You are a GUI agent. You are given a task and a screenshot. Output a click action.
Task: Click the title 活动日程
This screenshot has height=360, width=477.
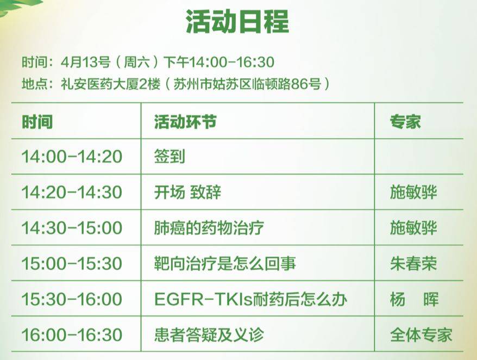pos(237,21)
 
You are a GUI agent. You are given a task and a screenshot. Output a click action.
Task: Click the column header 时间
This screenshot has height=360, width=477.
pos(37,122)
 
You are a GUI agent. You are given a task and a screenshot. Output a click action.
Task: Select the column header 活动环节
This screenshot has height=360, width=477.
pos(185,122)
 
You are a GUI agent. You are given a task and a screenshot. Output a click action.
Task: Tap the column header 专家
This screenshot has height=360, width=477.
pos(405,122)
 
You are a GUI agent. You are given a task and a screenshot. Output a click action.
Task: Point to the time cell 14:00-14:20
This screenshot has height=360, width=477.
pos(72,157)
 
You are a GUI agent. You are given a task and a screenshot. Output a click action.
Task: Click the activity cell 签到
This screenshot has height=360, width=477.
pos(170,157)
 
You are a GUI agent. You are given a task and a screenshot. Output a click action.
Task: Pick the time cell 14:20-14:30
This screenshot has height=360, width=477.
pos(72,192)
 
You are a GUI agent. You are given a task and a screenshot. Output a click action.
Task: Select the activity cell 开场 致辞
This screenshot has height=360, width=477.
pos(187,192)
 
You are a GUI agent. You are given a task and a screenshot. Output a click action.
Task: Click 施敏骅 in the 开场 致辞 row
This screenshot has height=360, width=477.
pos(413,192)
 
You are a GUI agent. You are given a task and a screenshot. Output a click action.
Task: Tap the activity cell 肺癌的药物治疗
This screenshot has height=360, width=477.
pos(209,228)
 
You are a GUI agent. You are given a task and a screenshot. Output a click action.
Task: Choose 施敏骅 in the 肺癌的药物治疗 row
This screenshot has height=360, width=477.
pos(413,228)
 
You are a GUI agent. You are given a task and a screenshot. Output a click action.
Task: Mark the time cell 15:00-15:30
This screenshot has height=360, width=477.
pos(72,263)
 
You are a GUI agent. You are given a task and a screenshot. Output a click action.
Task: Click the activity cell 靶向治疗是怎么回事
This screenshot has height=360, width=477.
pos(225,263)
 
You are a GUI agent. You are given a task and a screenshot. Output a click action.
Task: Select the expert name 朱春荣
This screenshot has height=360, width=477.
pos(413,263)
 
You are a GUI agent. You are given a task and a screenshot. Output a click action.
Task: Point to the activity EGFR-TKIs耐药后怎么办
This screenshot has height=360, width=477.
pos(250,299)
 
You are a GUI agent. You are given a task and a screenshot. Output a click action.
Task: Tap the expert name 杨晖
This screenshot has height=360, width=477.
pos(415,299)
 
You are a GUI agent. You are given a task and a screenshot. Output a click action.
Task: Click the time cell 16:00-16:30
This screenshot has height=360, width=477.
pos(72,335)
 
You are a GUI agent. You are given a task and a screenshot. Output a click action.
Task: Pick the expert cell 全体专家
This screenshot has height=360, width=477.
pos(421,335)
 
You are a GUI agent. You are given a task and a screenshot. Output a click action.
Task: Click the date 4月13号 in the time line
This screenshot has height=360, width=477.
pos(85,62)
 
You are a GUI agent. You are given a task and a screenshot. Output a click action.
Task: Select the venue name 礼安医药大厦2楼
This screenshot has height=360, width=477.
pos(110,84)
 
